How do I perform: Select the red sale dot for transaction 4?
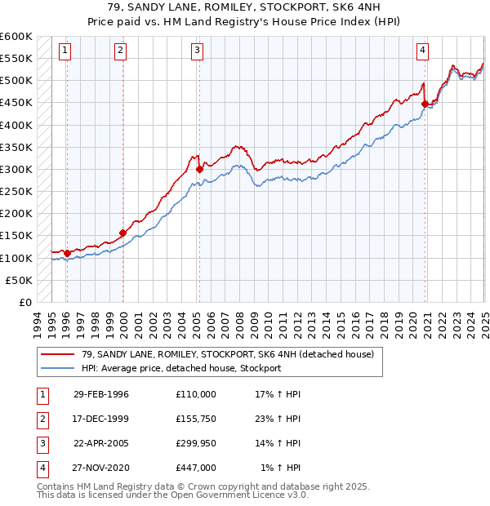coord(425,104)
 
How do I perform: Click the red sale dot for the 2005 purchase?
coord(199,169)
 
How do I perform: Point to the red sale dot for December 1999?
coord(122,233)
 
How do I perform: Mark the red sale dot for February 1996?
coord(66,253)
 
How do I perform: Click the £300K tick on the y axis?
coord(16,169)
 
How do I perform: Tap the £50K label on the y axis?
coord(20,280)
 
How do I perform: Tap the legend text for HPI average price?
coord(181,368)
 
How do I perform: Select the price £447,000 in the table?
coord(196,468)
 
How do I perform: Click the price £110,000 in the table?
coord(196,394)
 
